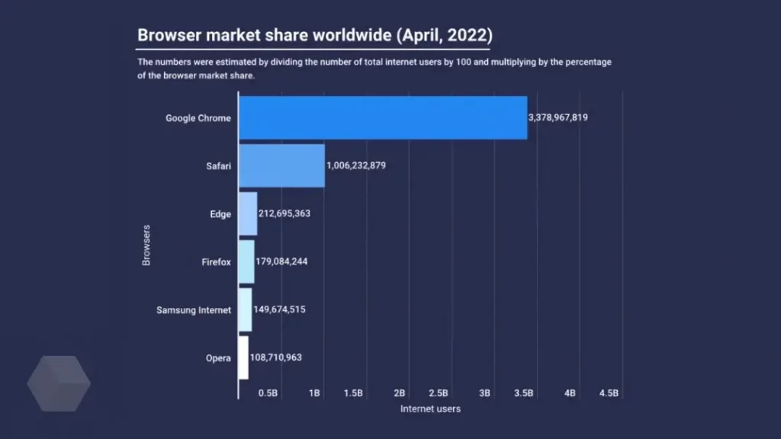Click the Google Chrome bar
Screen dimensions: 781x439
(x=383, y=117)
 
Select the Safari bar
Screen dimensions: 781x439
(x=282, y=165)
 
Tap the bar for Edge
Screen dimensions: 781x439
(x=248, y=213)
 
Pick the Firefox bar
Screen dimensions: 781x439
(x=246, y=262)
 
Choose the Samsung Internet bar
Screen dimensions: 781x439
(x=246, y=309)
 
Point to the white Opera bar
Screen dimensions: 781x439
(x=243, y=357)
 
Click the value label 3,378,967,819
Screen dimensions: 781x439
(x=558, y=117)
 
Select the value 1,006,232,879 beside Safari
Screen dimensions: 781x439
(x=356, y=165)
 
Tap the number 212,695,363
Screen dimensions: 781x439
(x=284, y=213)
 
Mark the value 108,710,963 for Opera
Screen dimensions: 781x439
(x=276, y=357)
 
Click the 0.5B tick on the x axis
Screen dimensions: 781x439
(x=268, y=393)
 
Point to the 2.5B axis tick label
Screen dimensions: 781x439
(x=439, y=393)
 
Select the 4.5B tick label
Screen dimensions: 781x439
(x=609, y=393)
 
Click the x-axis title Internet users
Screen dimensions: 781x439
(x=430, y=409)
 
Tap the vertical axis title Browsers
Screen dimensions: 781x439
(x=146, y=245)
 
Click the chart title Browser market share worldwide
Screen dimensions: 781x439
(x=265, y=35)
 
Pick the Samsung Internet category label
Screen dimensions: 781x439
(x=194, y=310)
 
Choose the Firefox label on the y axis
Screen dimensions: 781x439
(x=216, y=262)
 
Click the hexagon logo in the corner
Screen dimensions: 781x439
(x=59, y=383)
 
